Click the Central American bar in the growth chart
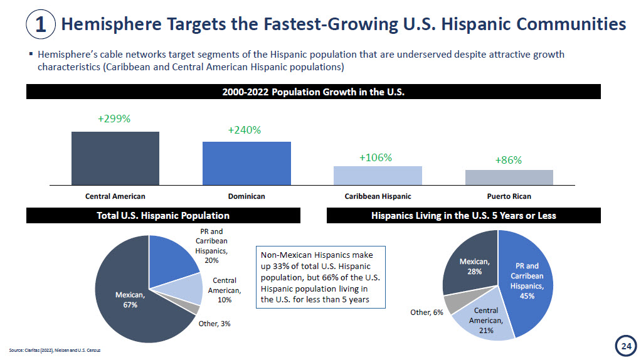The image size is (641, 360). tap(115, 158)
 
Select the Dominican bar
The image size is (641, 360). tap(246, 163)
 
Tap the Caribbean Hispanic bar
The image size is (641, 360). tap(378, 175)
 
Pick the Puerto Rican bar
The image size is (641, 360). tap(509, 177)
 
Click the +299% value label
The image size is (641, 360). tap(114, 119)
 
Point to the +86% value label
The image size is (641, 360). tap(508, 160)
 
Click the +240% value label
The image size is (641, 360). tap(245, 130)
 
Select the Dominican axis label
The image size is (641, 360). tap(246, 196)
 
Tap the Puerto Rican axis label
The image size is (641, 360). tap(509, 196)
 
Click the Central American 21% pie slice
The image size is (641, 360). tap(484, 319)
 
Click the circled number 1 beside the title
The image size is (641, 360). tap(40, 24)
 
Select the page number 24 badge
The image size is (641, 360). tap(625, 346)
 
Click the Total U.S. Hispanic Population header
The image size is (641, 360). tap(163, 216)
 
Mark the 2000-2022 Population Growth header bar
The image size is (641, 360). tap(313, 92)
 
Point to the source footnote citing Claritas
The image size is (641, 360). tap(55, 349)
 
